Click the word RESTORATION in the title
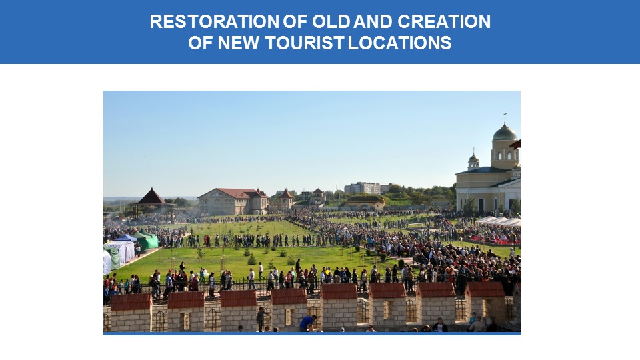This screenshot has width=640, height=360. (214, 21)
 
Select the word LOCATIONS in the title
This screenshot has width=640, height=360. (400, 43)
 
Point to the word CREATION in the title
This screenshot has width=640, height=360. (444, 21)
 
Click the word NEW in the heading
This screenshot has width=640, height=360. (239, 43)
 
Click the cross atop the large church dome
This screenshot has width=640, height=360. (505, 117)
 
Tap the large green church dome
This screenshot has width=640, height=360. (505, 133)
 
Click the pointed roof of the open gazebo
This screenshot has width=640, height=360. (151, 197)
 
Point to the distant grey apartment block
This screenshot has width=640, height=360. (363, 188)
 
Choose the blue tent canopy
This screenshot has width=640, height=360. (126, 237)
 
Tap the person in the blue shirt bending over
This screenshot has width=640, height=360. (307, 323)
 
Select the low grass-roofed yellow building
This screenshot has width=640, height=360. (363, 202)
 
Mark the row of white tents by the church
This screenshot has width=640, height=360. (498, 221)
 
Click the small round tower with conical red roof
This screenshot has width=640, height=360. (287, 199)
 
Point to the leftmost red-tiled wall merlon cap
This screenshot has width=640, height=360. (131, 302)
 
